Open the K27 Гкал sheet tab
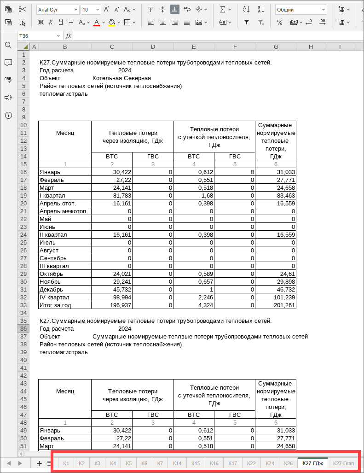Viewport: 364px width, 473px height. [x=343, y=463]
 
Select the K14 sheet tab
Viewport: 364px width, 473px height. [x=177, y=463]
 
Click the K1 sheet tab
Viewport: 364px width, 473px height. [x=66, y=463]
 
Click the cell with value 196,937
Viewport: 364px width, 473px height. [x=112, y=305]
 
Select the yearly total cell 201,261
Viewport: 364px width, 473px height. [x=275, y=305]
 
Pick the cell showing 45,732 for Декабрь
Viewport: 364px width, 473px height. [x=112, y=290]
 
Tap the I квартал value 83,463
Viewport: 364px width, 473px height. [x=275, y=195]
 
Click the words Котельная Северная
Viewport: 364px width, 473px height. [x=121, y=78]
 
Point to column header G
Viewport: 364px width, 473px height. [x=275, y=47]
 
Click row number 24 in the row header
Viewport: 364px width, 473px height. [x=23, y=234]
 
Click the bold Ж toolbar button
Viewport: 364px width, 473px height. [x=40, y=22]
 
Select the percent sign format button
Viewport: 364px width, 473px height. [x=280, y=22]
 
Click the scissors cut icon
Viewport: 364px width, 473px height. [x=23, y=10]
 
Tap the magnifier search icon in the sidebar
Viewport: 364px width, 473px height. [x=8, y=45]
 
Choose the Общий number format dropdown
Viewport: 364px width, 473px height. [x=300, y=10]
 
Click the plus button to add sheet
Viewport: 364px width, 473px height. [x=39, y=463]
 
